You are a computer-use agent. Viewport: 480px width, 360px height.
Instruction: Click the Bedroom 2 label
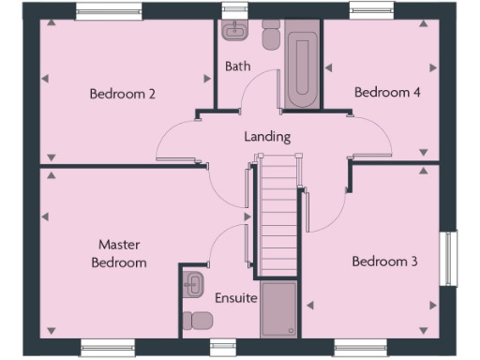coord(122,93)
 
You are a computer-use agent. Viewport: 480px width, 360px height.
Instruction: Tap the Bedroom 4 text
coord(383,92)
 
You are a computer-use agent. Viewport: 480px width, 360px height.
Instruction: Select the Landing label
coord(267,136)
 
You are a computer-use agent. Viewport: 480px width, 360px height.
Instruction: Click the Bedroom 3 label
coord(383,262)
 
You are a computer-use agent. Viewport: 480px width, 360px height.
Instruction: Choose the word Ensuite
coord(235,299)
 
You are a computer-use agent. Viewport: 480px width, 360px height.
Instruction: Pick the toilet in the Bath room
coord(271,37)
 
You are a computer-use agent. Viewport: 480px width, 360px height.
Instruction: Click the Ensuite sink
coord(194,285)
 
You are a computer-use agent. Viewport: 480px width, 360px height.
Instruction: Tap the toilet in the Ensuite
coord(198,321)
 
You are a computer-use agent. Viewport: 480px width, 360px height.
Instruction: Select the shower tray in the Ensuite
coord(278,308)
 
